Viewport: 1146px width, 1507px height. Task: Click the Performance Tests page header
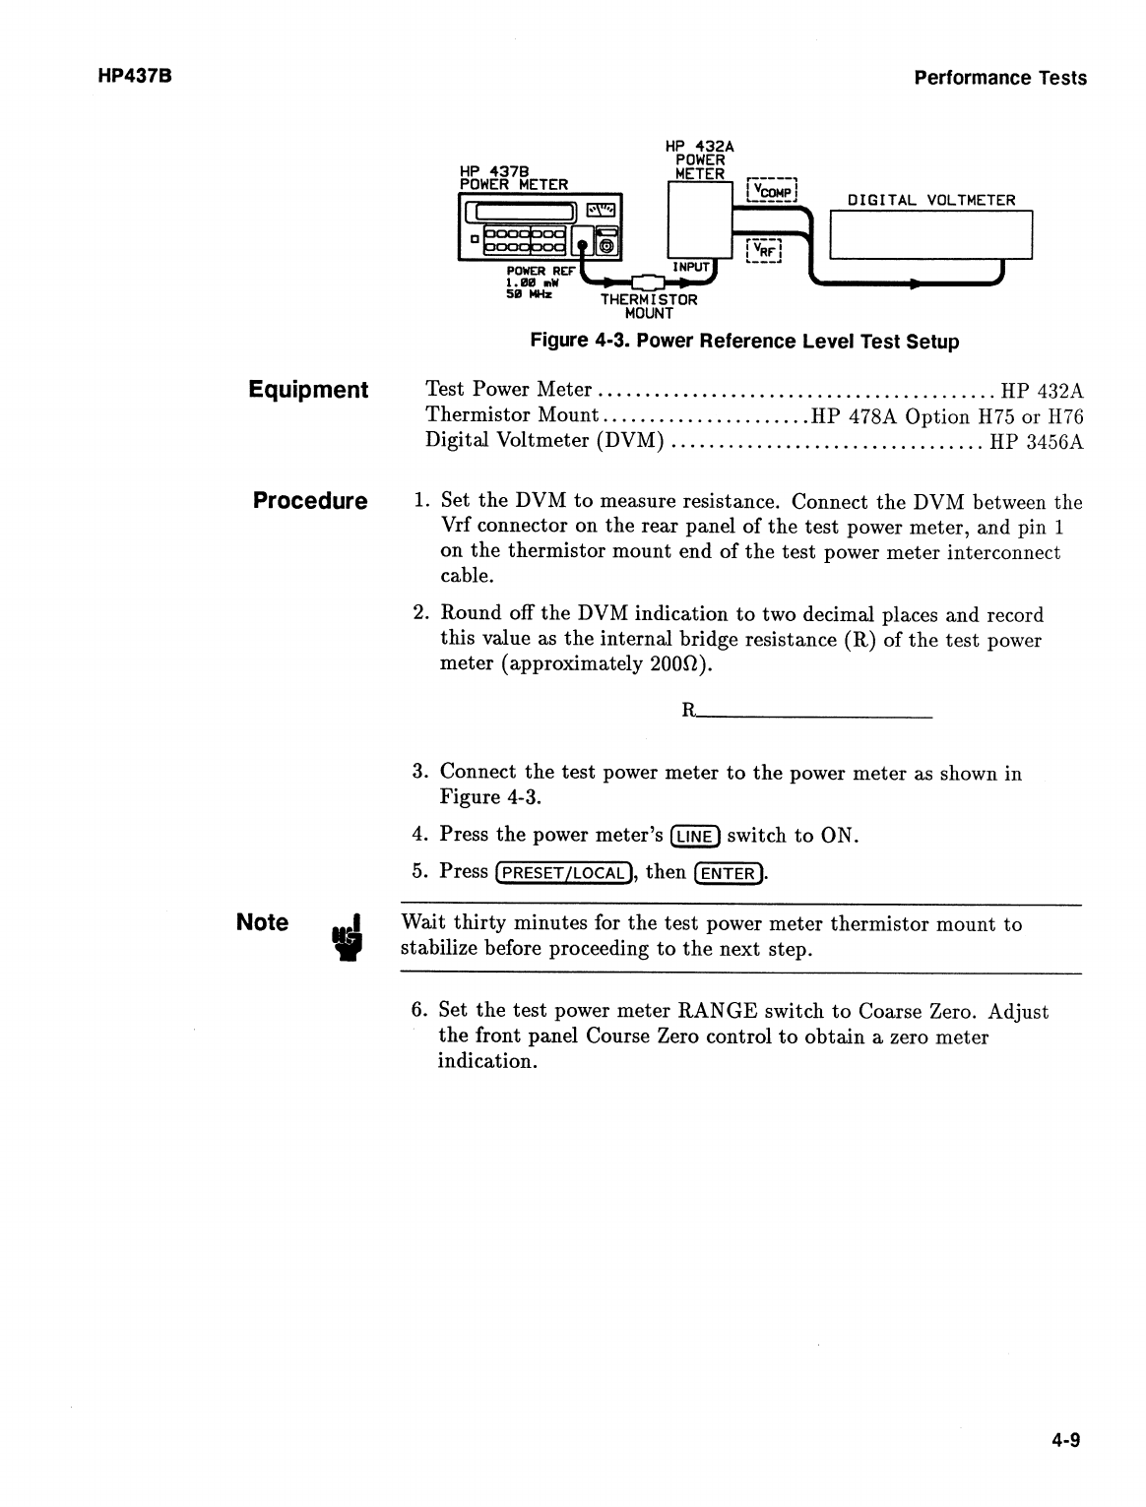pyautogui.click(x=1000, y=78)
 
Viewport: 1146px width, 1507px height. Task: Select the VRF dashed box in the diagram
pyautogui.click(x=763, y=251)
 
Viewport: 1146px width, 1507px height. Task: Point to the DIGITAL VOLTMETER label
pyautogui.click(x=931, y=201)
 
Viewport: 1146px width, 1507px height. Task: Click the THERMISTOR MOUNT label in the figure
pyautogui.click(x=649, y=306)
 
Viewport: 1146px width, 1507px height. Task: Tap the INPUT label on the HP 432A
pyautogui.click(x=690, y=267)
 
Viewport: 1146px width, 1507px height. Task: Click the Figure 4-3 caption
pyautogui.click(x=744, y=342)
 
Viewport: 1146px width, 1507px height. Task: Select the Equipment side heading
pyautogui.click(x=308, y=390)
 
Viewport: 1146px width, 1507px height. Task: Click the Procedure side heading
pyautogui.click(x=310, y=501)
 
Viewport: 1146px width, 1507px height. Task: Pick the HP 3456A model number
pyautogui.click(x=1037, y=442)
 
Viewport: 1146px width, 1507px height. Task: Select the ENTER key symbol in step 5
pyautogui.click(x=730, y=873)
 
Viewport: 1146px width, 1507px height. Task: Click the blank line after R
pyautogui.click(x=814, y=712)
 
